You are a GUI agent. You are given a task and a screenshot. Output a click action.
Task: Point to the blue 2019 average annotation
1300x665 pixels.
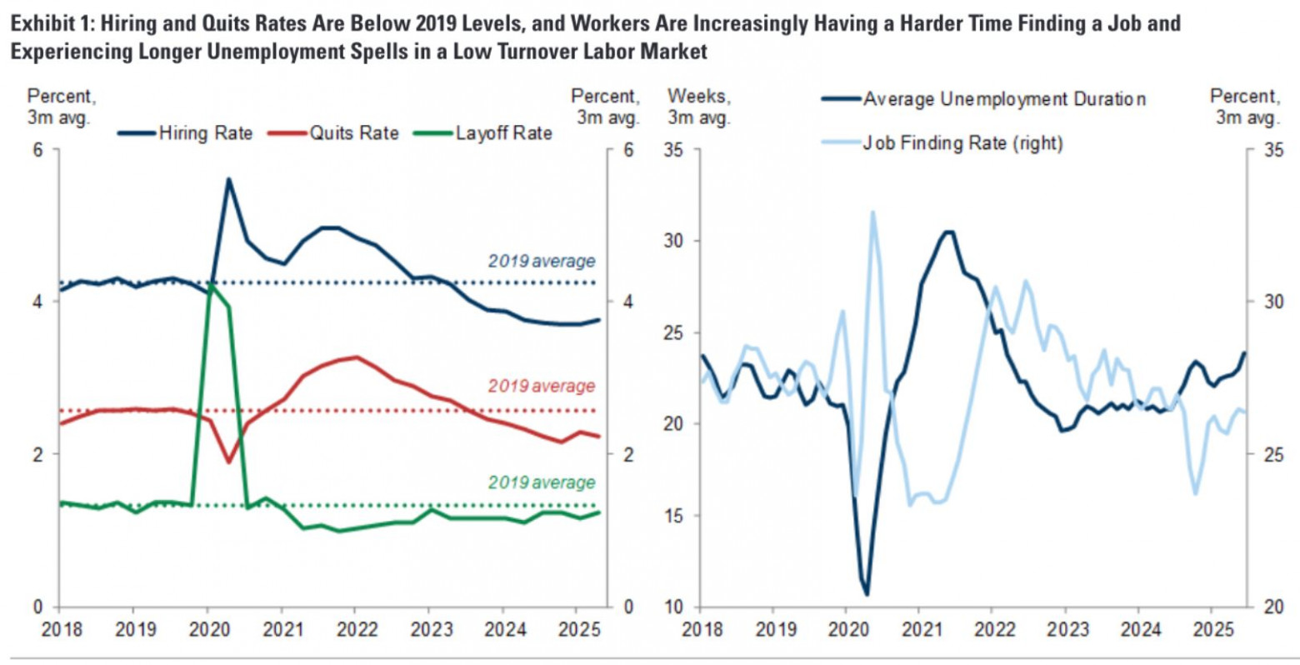tap(542, 261)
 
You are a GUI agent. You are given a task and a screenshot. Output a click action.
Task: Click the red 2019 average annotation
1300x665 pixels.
tap(542, 386)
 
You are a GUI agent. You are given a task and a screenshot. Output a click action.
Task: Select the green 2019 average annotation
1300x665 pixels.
tap(542, 482)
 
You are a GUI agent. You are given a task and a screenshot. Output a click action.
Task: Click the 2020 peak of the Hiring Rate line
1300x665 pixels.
tap(228, 179)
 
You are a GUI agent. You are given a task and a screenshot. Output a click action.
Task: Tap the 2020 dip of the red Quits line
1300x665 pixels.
tap(229, 461)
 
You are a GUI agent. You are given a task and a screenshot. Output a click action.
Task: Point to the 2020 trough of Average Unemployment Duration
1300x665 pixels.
tap(867, 594)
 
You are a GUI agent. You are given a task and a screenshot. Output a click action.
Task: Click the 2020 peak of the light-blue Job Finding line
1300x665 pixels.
tap(872, 212)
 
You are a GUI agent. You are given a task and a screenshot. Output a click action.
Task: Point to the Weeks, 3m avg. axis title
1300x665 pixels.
tap(698, 107)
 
